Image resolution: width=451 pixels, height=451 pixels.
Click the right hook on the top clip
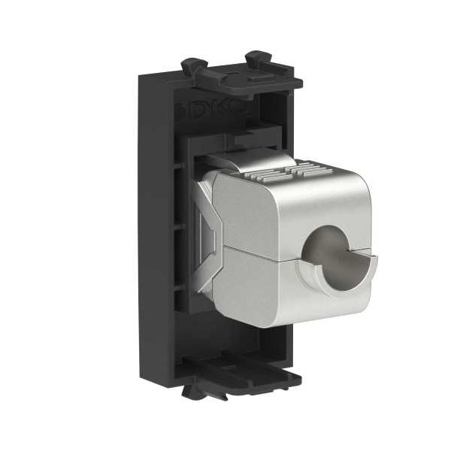pyautogui.click(x=261, y=58)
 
